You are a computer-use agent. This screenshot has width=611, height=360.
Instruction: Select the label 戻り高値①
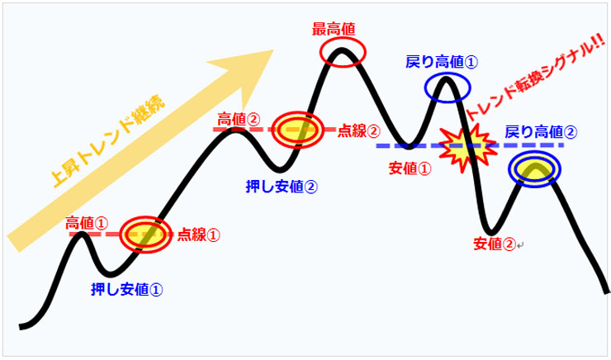(442, 62)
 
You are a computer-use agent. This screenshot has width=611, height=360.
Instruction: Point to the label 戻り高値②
(541, 131)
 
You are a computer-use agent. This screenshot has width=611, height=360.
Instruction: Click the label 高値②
(239, 118)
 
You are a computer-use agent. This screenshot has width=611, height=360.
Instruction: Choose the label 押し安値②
(282, 185)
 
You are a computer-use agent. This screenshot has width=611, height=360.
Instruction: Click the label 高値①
(87, 223)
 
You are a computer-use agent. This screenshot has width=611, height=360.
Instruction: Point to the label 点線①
(199, 234)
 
